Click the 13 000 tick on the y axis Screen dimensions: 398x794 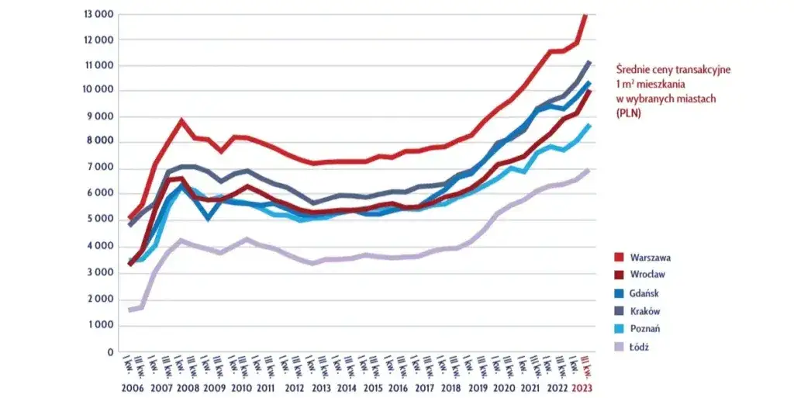pyautogui.click(x=98, y=15)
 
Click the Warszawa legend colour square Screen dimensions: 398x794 pyautogui.click(x=618, y=255)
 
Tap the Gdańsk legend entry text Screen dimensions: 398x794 pyautogui.click(x=647, y=292)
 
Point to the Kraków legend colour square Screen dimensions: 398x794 pyautogui.click(x=618, y=311)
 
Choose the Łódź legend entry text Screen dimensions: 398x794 pyautogui.click(x=640, y=347)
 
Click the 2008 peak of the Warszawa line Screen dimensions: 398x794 pyautogui.click(x=181, y=121)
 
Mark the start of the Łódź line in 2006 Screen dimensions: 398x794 pyautogui.click(x=129, y=310)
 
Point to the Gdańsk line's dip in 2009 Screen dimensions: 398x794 pyautogui.click(x=208, y=219)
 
